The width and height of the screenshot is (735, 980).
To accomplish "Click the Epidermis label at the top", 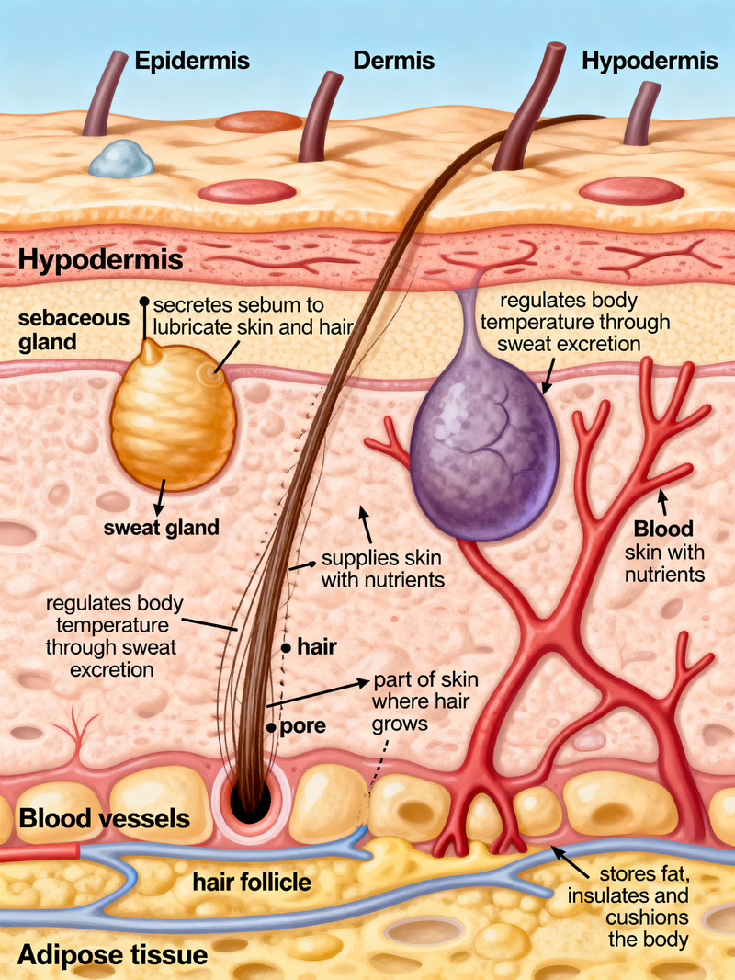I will (194, 62).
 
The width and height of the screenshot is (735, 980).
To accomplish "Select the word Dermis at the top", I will (393, 62).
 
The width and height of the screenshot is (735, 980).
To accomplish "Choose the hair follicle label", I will (252, 883).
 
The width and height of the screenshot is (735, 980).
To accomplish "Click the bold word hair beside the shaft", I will (316, 647).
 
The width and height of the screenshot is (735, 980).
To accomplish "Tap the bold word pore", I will (303, 726).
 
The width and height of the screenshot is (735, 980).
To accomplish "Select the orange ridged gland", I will (173, 418).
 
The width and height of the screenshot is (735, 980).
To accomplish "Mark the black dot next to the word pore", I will (271, 727).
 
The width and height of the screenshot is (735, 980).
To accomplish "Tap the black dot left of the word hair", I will (287, 648).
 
